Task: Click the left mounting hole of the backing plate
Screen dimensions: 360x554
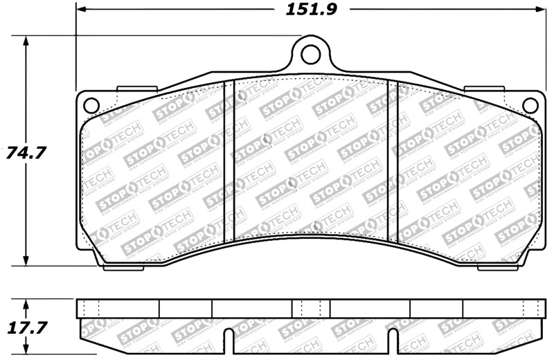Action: click(x=90, y=105)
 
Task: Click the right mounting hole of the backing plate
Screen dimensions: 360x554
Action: click(x=530, y=105)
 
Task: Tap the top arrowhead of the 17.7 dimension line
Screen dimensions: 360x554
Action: click(x=26, y=303)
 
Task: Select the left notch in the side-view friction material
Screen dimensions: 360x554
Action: click(x=228, y=339)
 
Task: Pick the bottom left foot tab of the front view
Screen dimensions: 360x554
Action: click(x=135, y=265)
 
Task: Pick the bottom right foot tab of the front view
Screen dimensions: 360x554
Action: click(x=485, y=265)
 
